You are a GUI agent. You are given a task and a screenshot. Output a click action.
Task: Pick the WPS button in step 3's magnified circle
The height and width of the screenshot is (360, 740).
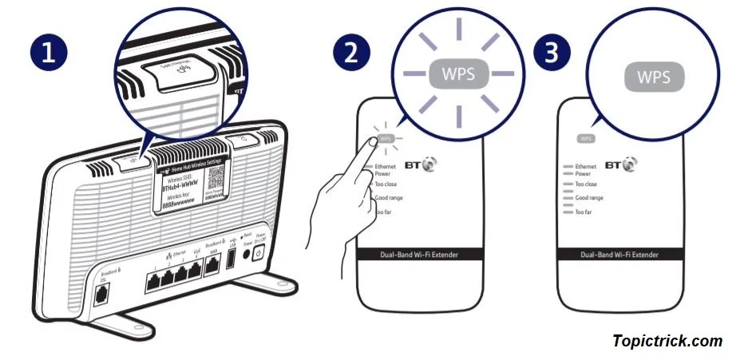[654, 77]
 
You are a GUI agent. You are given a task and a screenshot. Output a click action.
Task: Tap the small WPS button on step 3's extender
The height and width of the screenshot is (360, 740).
[586, 139]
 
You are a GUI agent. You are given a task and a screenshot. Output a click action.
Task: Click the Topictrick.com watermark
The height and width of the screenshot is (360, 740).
[667, 341]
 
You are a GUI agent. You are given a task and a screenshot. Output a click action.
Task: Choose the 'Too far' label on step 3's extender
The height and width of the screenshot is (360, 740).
[583, 212]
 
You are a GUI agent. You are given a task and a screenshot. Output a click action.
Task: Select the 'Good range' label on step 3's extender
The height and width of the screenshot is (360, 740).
[589, 197]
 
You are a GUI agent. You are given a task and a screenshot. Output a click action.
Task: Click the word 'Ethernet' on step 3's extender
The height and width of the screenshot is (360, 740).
[586, 167]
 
